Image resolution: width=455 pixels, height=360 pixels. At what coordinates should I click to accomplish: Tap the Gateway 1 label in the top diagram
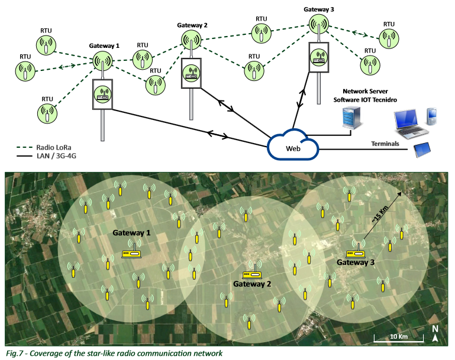104,46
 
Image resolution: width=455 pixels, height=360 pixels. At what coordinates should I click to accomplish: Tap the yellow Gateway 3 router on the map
356,249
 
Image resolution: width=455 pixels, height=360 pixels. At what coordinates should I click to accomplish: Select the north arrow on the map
435,334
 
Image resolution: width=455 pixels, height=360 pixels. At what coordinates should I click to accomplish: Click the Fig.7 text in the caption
13,353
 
